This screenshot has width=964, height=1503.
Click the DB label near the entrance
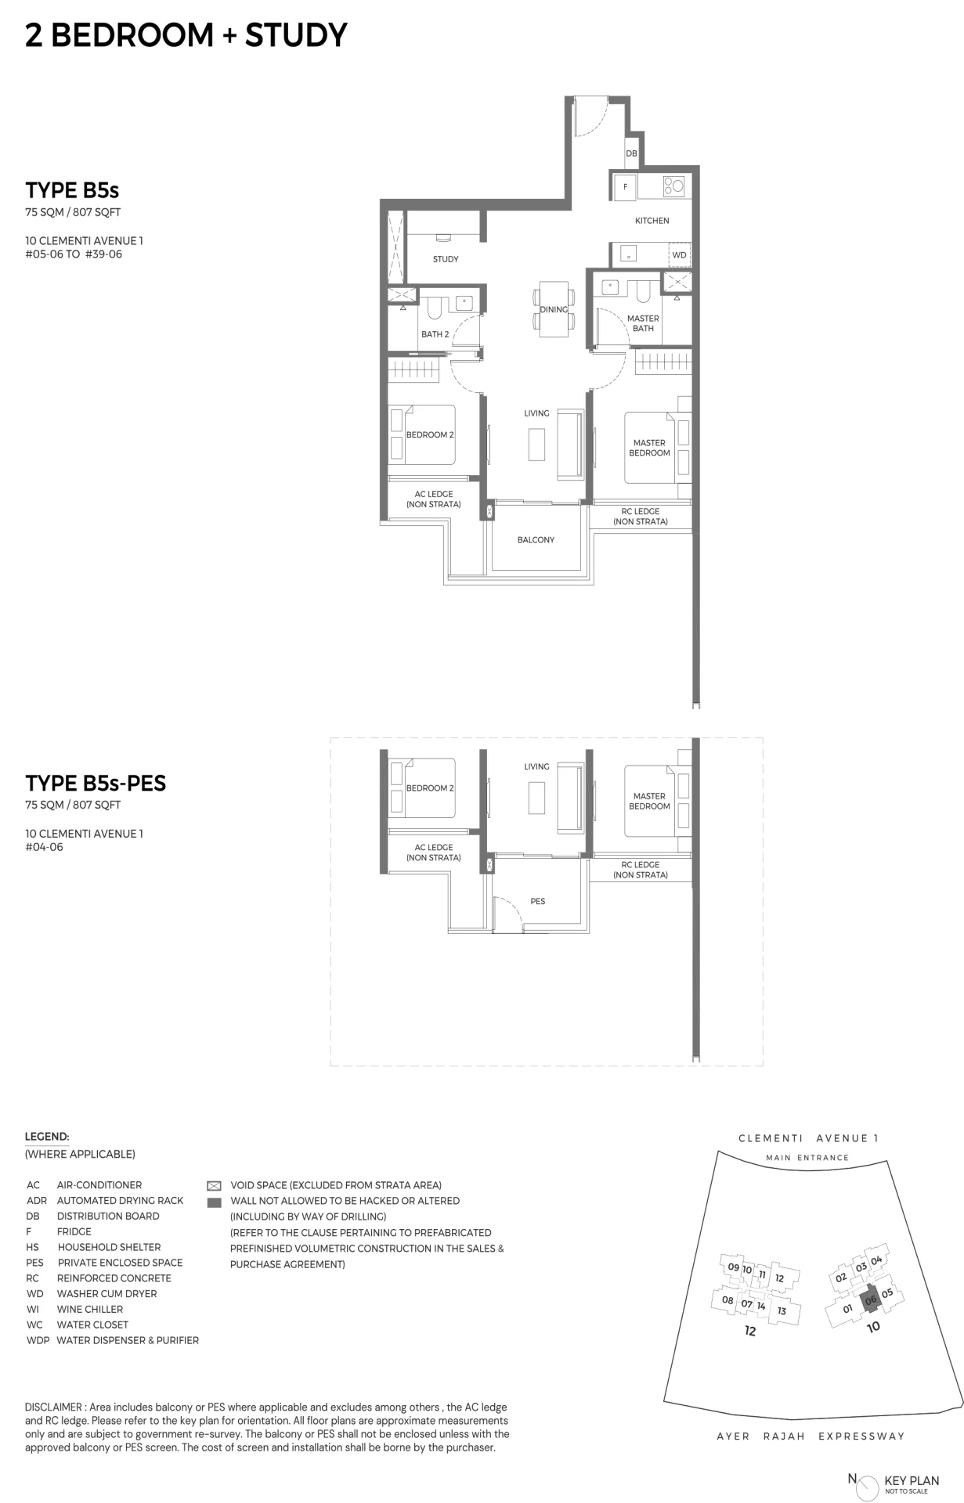(x=631, y=153)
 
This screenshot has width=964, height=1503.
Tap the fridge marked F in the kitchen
(x=625, y=187)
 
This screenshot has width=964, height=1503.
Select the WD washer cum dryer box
(x=679, y=255)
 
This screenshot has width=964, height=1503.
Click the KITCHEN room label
(x=652, y=221)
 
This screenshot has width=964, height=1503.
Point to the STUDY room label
(x=446, y=259)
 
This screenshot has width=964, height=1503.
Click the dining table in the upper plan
(x=554, y=309)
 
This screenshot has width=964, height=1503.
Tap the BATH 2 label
(x=435, y=334)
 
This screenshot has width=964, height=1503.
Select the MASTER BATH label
(x=643, y=323)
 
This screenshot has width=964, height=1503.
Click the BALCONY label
(x=536, y=540)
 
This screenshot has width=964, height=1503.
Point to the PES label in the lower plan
(x=537, y=902)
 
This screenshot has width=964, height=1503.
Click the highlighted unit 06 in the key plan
(x=870, y=1300)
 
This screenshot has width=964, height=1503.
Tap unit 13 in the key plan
(x=782, y=1310)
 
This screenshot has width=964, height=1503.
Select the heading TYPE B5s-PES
(x=96, y=784)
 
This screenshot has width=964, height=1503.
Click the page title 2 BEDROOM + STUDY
(x=186, y=35)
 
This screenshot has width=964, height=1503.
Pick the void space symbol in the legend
(x=214, y=1186)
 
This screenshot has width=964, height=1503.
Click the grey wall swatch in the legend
(x=214, y=1202)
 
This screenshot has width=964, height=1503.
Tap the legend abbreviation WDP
(x=38, y=1340)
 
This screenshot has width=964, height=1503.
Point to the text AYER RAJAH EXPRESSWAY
(x=811, y=1436)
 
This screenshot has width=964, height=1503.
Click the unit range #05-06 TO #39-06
(x=74, y=254)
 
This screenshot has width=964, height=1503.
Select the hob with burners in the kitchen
(x=673, y=186)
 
